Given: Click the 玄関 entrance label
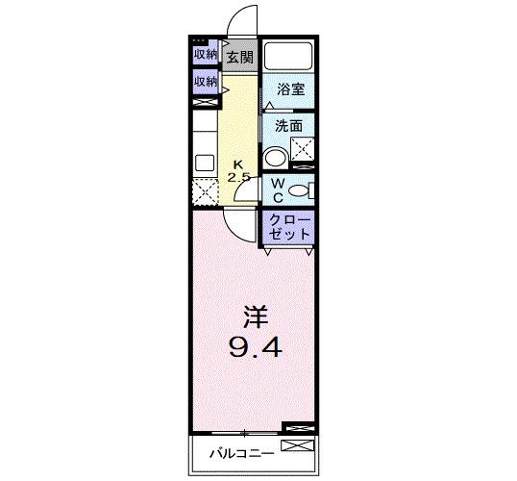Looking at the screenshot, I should [x=239, y=57].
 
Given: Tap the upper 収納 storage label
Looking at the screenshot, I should [x=206, y=54].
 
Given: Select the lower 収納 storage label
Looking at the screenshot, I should [x=206, y=82].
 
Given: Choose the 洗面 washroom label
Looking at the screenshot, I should [x=289, y=126].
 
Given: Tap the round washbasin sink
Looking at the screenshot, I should [x=276, y=158].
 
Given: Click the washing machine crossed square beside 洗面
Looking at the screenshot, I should [x=304, y=149].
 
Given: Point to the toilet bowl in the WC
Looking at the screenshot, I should [x=299, y=190].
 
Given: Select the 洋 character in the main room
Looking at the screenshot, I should [x=254, y=316].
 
